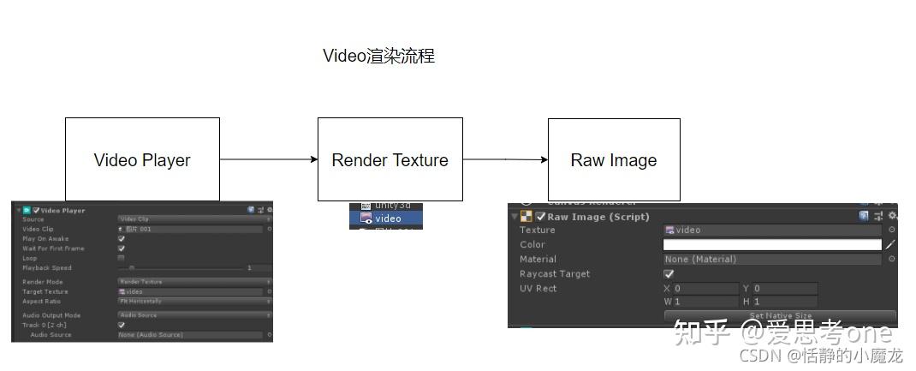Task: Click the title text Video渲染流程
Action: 378,56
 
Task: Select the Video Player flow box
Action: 142,159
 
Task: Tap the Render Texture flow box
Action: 390,159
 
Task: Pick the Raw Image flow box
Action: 614,159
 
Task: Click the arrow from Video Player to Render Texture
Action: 268,159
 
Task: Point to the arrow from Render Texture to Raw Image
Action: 505,159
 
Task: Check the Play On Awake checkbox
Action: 121,239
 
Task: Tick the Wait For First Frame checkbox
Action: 121,248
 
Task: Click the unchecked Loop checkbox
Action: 121,258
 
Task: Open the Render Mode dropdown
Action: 192,282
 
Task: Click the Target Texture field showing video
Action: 192,292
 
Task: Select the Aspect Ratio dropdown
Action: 192,302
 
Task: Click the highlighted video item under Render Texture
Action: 386,218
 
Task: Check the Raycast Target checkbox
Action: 669,274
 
